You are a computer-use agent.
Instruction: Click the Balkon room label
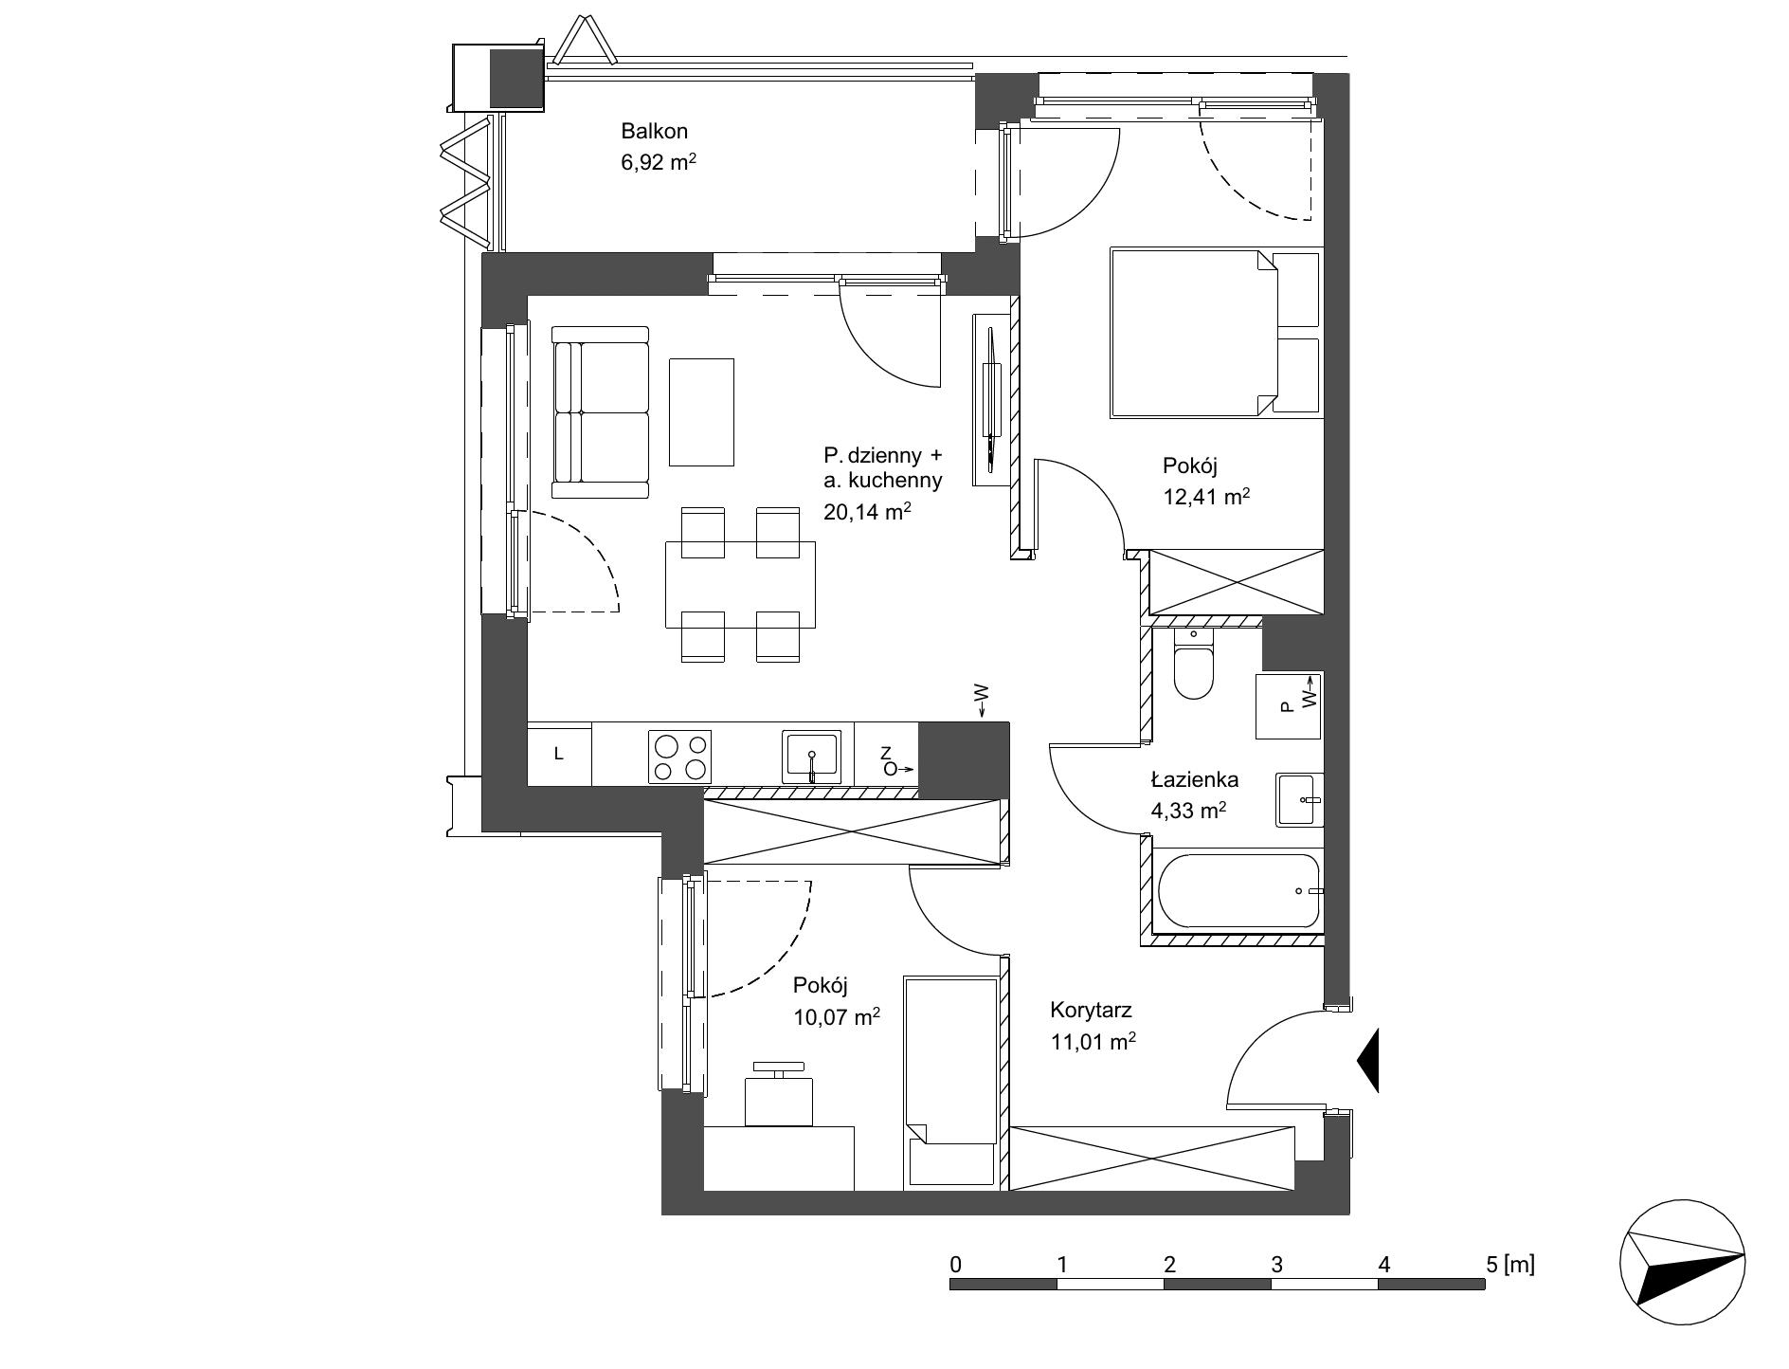(x=654, y=131)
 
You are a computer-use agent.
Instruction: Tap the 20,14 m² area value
(x=867, y=512)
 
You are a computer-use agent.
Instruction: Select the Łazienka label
(x=1195, y=780)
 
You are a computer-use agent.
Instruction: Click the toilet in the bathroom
(x=1193, y=665)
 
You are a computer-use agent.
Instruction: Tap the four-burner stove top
(x=679, y=757)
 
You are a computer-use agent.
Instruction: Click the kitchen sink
(x=811, y=757)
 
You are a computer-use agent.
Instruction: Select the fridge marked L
(x=559, y=755)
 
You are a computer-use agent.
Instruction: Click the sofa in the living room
(x=601, y=412)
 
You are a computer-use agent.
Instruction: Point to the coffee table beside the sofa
(x=701, y=412)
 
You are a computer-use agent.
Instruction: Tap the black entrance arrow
(x=1368, y=1060)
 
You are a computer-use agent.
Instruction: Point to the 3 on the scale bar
(x=1276, y=1264)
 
